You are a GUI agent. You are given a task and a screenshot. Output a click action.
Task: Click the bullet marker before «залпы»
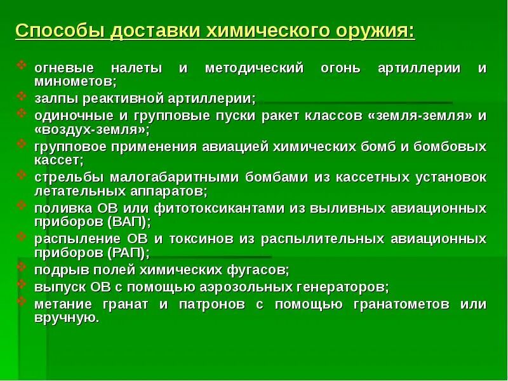point(22,97)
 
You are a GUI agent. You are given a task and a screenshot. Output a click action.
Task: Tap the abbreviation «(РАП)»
point(128,252)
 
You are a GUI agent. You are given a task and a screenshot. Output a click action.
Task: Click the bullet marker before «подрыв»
point(22,269)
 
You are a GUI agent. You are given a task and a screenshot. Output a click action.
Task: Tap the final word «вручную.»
point(66,317)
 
